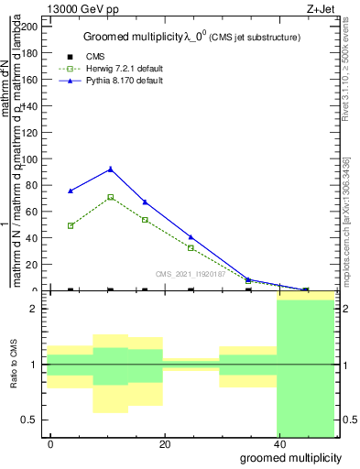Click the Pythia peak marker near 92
coord(111,169)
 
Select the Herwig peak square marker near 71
coord(111,197)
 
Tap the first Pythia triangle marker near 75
coord(71,191)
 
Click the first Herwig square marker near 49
coord(71,225)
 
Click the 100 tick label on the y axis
coord(30,159)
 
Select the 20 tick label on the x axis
coord(164,444)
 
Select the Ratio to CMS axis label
coord(15,365)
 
